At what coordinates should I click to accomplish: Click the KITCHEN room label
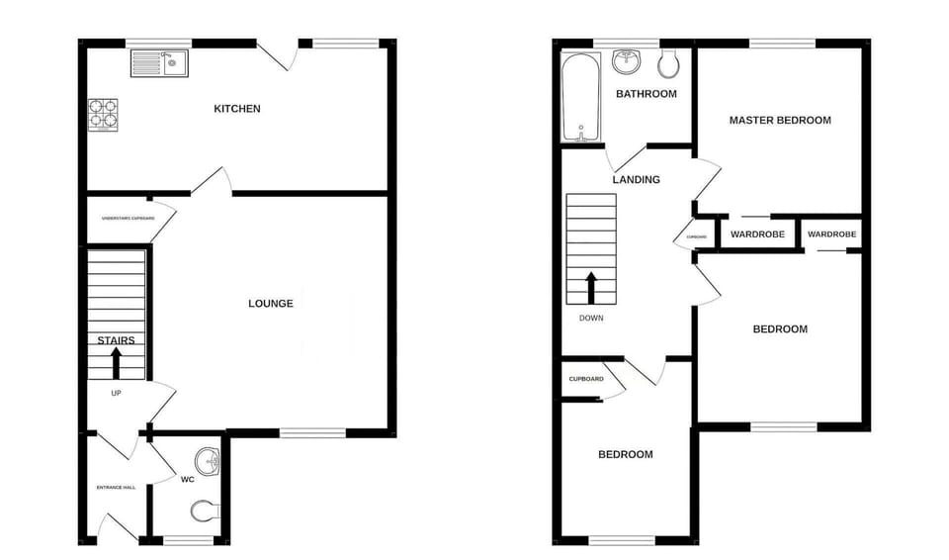point(237,109)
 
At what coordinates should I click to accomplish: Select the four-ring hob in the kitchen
point(103,114)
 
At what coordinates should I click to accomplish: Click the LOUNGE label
point(270,304)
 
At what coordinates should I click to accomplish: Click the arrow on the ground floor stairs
point(116,363)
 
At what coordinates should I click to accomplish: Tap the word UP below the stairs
point(116,393)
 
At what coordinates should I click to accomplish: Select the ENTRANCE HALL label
point(116,488)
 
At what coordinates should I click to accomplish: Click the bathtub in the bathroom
point(576,97)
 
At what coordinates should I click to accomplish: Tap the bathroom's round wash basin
point(627,62)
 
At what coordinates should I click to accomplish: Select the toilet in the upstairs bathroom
point(667,63)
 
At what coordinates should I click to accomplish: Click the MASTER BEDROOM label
point(780,121)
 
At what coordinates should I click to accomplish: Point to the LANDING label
point(636,180)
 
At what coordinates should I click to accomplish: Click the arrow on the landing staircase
point(591,288)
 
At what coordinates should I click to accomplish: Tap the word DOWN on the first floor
point(591,319)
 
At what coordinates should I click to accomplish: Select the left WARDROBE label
point(758,234)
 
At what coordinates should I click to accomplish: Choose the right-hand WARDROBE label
point(832,234)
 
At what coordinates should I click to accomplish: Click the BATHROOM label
point(647,94)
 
